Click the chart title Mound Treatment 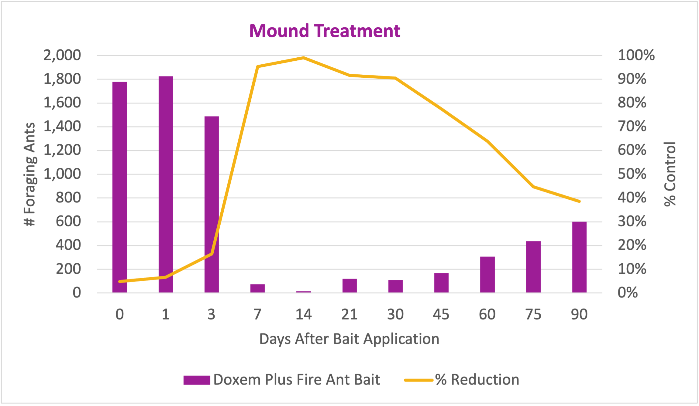pos(324,31)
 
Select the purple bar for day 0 pos(120,187)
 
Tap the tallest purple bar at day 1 pos(166,184)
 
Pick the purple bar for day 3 pos(212,204)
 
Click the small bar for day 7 pos(257,288)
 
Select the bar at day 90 pos(579,257)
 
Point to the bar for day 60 pos(487,274)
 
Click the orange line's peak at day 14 pos(303,58)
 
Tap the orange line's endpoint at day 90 pos(579,201)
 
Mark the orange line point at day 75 pos(533,187)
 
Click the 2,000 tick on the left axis pos(62,56)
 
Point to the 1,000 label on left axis pos(62,174)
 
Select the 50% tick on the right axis pos(632,174)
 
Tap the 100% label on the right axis pos(636,56)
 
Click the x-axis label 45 pos(441,314)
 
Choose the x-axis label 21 pos(349,314)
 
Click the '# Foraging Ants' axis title pos(30,174)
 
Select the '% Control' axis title pos(670,174)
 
